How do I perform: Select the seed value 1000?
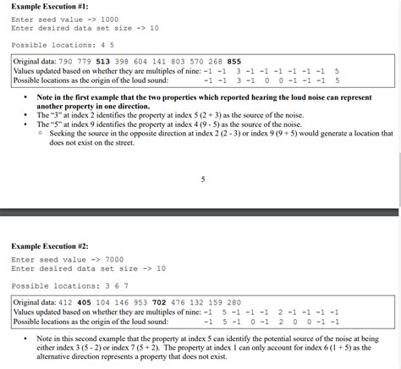[110, 19]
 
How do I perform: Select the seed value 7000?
[110, 259]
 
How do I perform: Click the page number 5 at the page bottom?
[203, 179]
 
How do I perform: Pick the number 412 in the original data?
[65, 302]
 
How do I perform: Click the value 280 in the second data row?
[234, 302]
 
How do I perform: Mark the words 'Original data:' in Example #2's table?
[35, 302]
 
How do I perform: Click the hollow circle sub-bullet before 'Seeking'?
[41, 134]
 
